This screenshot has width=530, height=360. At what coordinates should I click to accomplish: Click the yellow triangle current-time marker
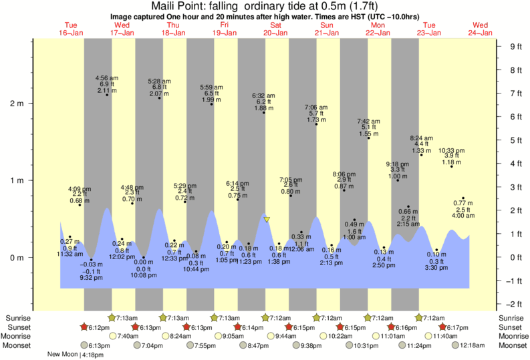pos(267,219)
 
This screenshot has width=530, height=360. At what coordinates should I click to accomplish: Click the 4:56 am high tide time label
pos(108,77)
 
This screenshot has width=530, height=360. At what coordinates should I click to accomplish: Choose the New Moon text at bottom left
pos(63,355)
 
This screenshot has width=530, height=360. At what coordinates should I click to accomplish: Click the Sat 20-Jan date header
pos(275,29)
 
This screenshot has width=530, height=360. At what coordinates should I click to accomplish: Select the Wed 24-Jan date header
pos(481,29)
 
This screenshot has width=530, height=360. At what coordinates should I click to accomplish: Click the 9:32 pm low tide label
pos(92,277)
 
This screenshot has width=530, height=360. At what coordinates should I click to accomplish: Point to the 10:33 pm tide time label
pos(452,150)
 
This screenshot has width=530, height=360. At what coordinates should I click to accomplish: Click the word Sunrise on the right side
pos(512,318)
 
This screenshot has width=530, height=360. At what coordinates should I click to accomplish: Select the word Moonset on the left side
pos(17,345)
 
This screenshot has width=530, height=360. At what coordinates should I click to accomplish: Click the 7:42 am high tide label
pos(368,121)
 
